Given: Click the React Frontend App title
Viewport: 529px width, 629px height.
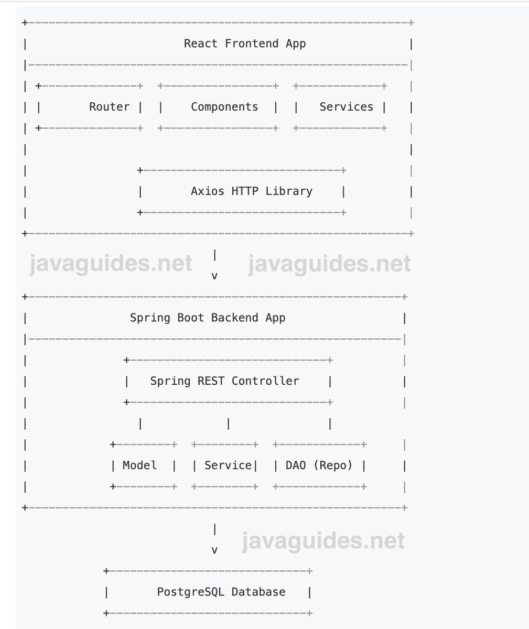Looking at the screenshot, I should pos(244,44).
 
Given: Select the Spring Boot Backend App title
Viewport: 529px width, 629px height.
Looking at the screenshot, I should pos(208,318).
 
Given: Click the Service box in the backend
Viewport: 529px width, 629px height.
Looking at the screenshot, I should pos(224,465).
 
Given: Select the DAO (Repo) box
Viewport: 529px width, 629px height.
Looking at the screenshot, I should pos(319,465).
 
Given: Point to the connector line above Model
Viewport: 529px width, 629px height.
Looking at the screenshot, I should pos(140,424).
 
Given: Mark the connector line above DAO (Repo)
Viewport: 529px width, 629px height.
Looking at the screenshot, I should pos(330,424).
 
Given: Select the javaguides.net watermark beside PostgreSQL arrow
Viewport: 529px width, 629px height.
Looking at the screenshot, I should pos(323,541).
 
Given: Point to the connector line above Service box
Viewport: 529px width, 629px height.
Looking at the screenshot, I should pos(228,424).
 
